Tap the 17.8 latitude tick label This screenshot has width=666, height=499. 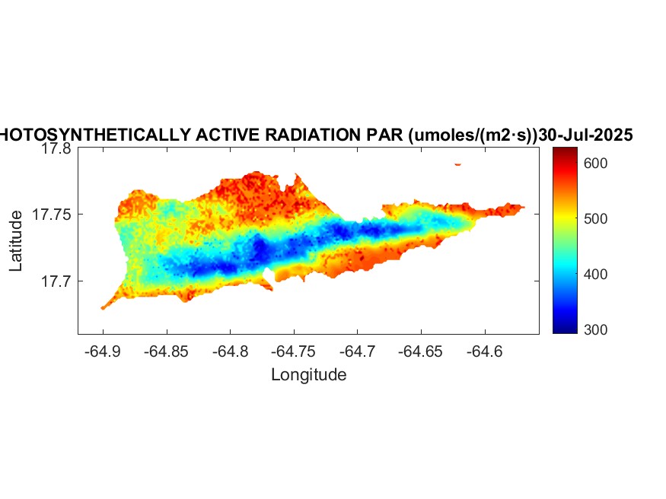pos(56,149)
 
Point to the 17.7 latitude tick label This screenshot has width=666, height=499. pos(56,281)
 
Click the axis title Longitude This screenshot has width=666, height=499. pos(308,375)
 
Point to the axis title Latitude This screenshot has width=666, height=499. pos(17,241)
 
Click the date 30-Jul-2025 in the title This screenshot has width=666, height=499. pos(585,135)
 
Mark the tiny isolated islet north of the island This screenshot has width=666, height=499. pos(458,164)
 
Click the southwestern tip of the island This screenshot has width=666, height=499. pos(103,308)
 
